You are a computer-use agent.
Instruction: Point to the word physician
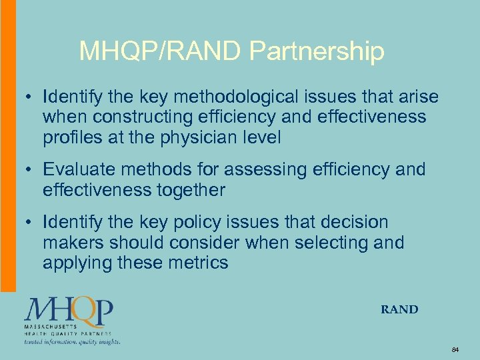[x=212, y=138]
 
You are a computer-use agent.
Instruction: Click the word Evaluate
[x=83, y=170]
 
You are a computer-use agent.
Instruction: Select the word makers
[x=74, y=243]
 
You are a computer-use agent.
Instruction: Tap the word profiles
[x=70, y=138]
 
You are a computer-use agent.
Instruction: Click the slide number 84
[x=455, y=349]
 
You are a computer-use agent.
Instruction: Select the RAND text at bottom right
[x=399, y=309]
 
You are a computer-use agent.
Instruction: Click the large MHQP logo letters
[x=69, y=311]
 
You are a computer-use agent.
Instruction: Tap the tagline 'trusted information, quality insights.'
[x=72, y=341]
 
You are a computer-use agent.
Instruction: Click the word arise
[x=417, y=97]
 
